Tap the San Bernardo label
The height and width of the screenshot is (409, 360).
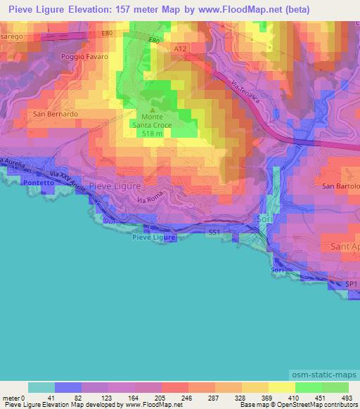[x=53, y=113]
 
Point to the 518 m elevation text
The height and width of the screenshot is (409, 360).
[x=155, y=133]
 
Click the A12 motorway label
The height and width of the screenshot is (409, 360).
[x=179, y=48]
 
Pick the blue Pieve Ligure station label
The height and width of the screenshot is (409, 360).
[x=153, y=238]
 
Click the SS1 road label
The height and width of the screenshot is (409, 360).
[x=214, y=231]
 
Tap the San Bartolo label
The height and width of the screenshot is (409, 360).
[x=340, y=186]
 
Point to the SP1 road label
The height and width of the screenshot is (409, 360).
[x=351, y=283]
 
